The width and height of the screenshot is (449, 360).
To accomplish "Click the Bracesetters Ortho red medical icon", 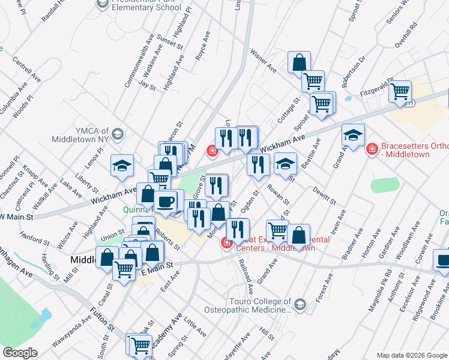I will pyautogui.click(x=372, y=148).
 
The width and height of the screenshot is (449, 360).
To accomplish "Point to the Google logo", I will pyautogui.click(x=20, y=353).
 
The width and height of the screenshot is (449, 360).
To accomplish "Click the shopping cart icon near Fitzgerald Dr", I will pyautogui.click(x=399, y=92).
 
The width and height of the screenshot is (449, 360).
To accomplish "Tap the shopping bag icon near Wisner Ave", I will pyautogui.click(x=299, y=62).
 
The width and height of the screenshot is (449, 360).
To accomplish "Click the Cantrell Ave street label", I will pyautogui.click(x=26, y=70).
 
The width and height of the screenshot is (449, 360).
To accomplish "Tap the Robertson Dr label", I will pyautogui.click(x=355, y=70).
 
